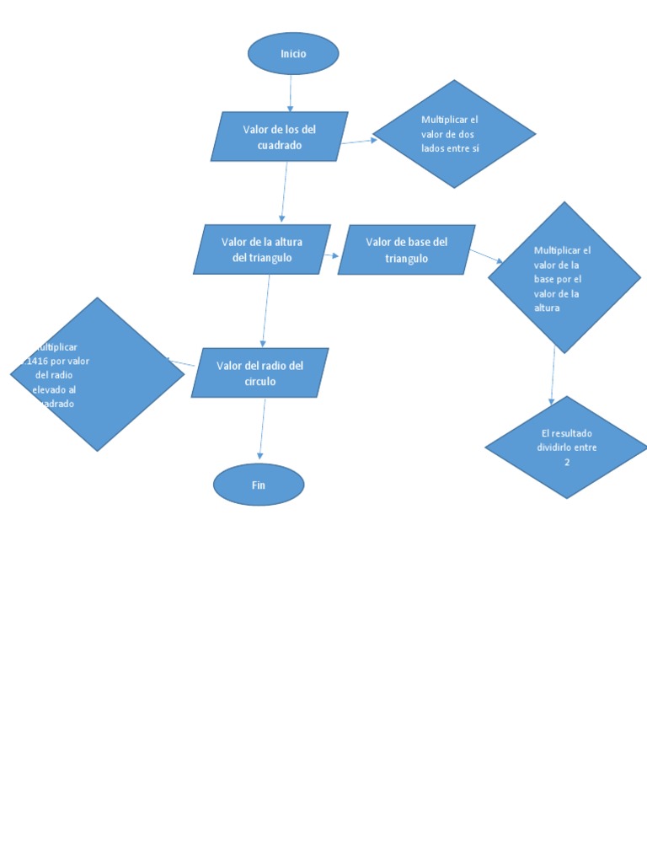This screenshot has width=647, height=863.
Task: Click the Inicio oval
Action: pos(293,54)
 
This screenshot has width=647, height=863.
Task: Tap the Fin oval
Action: pos(259,485)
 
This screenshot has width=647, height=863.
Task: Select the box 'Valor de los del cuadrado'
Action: pos(280,137)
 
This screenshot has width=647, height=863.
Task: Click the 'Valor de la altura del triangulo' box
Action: pos(262,249)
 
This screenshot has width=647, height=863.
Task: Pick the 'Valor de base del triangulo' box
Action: pos(407,249)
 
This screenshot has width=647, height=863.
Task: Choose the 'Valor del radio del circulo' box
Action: pos(259,373)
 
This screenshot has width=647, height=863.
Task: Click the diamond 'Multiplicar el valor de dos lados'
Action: pos(454,134)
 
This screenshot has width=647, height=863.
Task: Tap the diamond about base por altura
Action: pos(564,277)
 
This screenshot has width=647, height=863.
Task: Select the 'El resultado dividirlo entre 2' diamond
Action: pos(567,448)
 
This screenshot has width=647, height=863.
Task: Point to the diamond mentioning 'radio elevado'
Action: pos(97,374)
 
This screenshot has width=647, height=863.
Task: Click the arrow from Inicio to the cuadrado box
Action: pos(291,93)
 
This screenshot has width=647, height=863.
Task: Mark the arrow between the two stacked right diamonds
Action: pos(553,375)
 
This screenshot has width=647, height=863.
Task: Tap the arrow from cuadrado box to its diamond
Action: pos(359,142)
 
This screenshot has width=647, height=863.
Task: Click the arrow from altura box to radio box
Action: pos(266,310)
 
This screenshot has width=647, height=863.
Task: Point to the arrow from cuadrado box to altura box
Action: pos(284,192)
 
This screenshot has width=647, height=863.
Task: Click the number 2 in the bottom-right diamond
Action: pos(567,463)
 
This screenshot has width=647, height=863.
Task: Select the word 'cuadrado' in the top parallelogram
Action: pos(280,145)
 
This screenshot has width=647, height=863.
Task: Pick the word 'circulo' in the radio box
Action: pos(259,381)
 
